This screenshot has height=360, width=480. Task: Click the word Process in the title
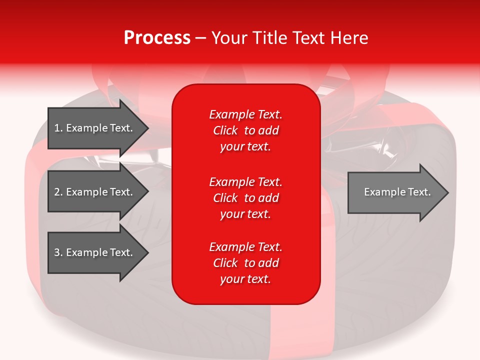(157, 38)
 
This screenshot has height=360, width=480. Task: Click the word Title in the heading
(270, 38)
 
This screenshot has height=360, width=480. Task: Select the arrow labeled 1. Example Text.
(95, 128)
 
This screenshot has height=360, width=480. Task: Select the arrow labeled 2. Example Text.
(95, 192)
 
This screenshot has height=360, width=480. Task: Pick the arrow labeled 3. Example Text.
(95, 252)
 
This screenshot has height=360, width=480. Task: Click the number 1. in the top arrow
(58, 128)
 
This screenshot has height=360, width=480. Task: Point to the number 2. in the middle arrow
(58, 192)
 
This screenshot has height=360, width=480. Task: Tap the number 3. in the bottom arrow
(58, 252)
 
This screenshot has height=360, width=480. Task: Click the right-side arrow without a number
(395, 192)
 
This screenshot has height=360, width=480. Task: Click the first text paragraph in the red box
(246, 130)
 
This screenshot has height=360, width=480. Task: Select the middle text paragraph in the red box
(246, 198)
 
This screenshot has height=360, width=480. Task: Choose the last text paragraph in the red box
(246, 263)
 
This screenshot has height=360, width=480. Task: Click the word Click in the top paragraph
(225, 130)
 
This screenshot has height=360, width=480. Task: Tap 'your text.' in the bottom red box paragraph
(245, 279)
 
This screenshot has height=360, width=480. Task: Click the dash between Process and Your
(201, 38)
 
